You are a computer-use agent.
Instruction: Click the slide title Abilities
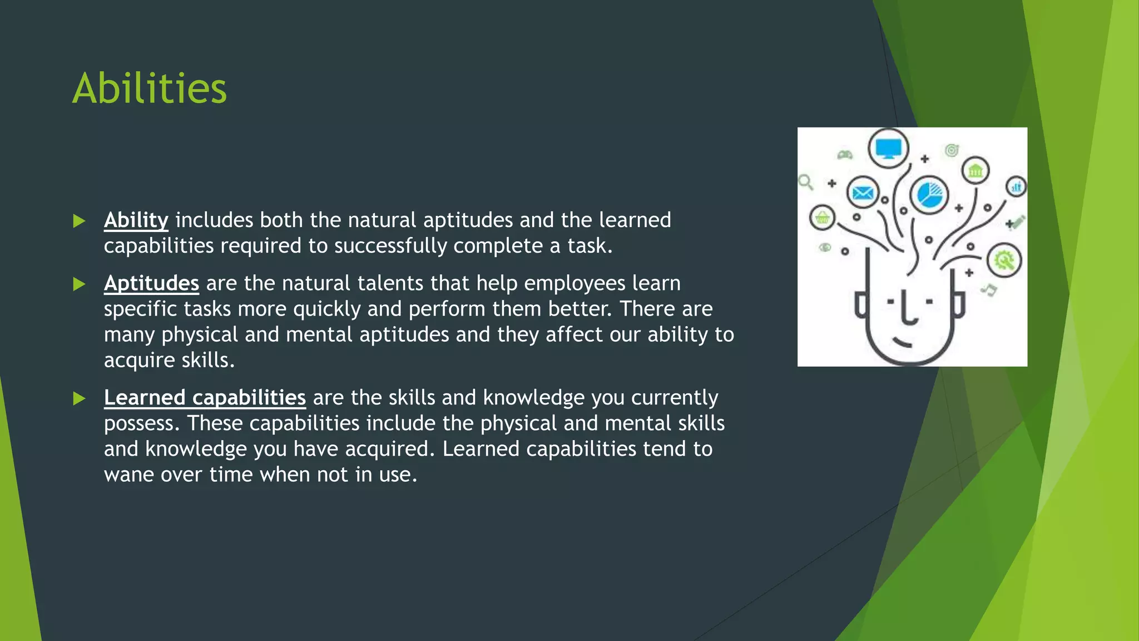coord(150,88)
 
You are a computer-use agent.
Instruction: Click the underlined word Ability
coord(136,220)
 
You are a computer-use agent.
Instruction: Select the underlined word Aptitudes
coord(151,283)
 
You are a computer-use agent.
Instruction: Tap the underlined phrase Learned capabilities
coord(205,398)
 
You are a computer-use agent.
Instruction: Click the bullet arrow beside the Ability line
coord(79,221)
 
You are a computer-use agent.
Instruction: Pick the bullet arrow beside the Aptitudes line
coord(79,285)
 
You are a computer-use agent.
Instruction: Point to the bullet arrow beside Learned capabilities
coord(79,399)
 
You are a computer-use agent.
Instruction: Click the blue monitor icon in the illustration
coord(888,149)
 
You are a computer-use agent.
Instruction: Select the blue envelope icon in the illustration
coord(863,193)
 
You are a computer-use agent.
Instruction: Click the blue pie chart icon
coord(929,195)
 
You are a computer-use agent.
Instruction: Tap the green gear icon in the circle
coord(1004,260)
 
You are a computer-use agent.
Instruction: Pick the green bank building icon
coord(975,170)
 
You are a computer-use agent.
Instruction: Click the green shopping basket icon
coord(822,218)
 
